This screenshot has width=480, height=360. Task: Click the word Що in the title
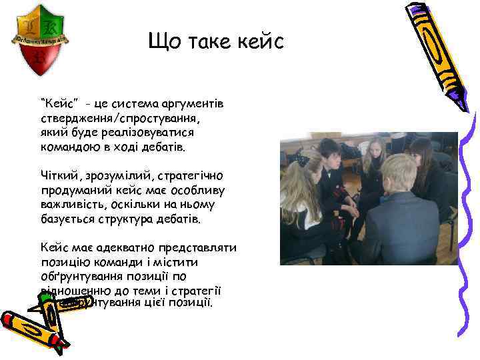click(x=163, y=43)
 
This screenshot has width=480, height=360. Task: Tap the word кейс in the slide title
click(x=260, y=43)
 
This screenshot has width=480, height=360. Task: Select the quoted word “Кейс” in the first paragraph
click(x=60, y=103)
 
